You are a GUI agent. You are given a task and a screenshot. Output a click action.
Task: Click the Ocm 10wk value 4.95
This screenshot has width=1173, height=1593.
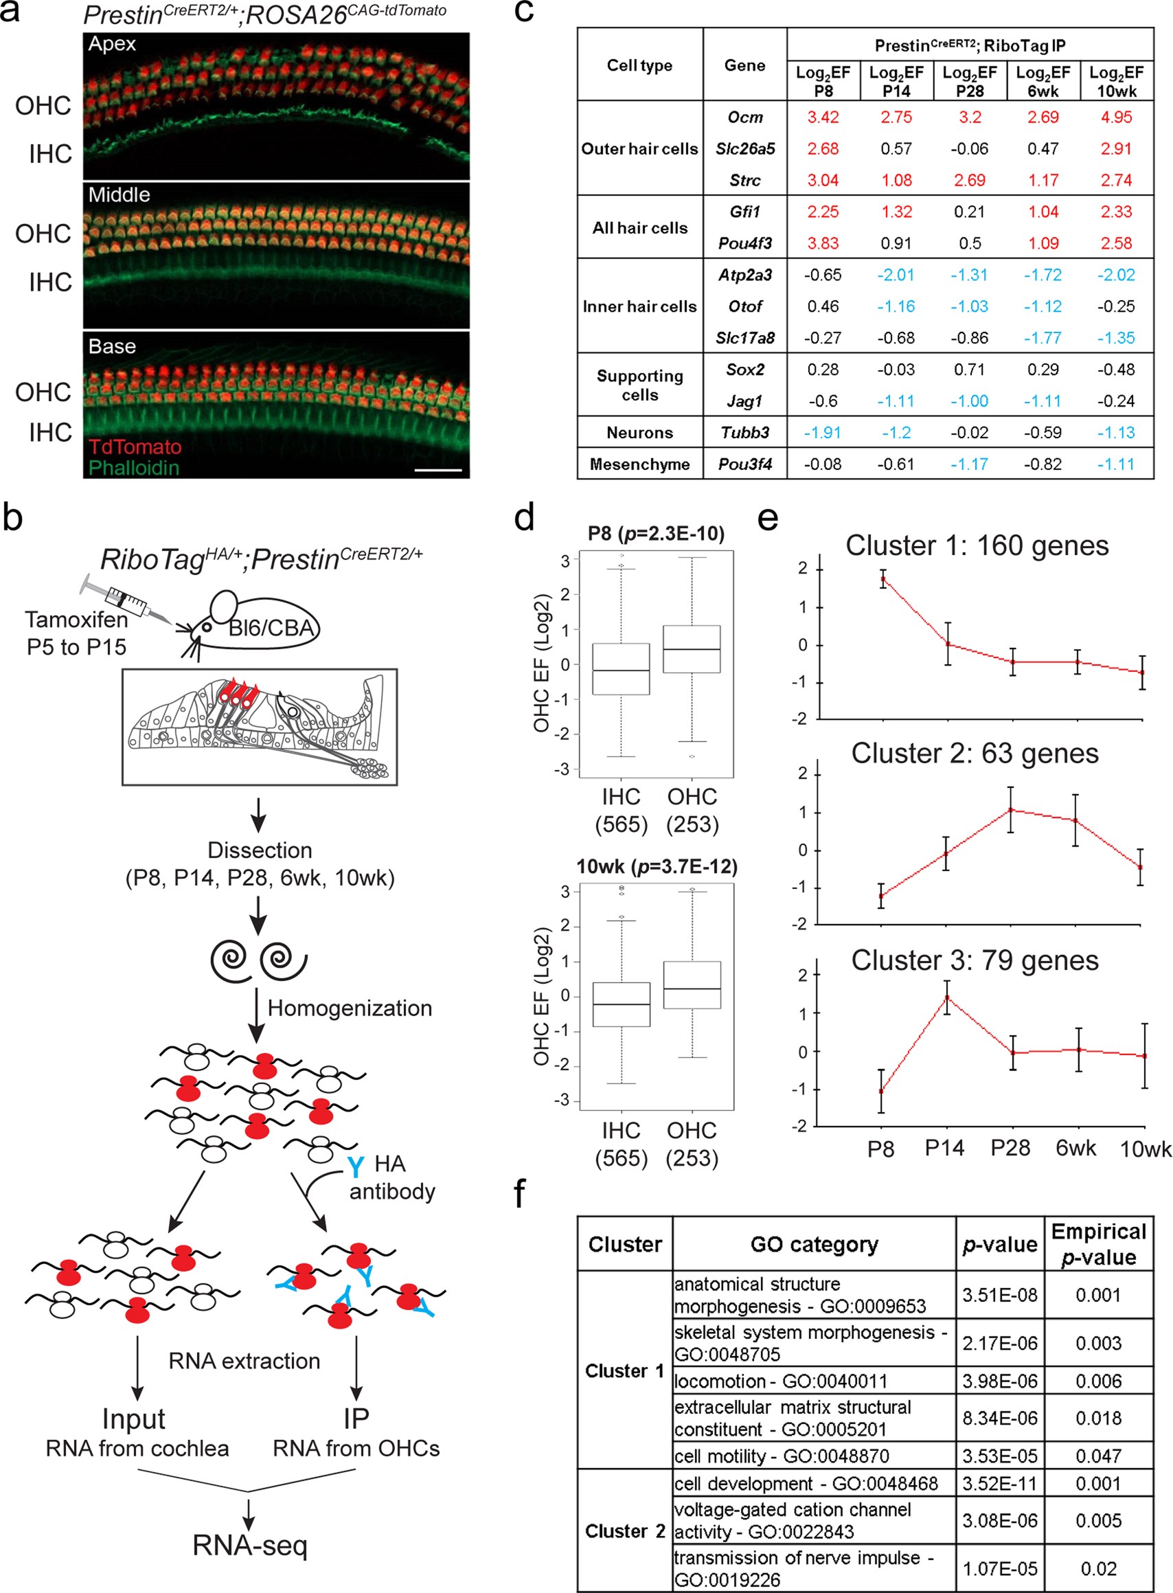(1116, 117)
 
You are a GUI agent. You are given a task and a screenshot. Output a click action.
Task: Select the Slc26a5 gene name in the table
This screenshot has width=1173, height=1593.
(745, 148)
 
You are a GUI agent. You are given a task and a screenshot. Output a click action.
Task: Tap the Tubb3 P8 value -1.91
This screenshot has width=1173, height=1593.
(823, 433)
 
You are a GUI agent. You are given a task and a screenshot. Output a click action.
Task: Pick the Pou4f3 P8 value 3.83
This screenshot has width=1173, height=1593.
(823, 243)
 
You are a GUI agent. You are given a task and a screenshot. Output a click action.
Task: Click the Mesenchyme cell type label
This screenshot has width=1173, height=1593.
(640, 464)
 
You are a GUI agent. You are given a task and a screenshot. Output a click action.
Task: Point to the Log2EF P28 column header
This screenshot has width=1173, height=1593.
(970, 82)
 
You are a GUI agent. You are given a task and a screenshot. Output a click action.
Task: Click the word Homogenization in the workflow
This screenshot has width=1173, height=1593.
(350, 1008)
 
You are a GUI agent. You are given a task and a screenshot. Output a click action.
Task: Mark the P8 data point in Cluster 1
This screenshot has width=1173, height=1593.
(882, 579)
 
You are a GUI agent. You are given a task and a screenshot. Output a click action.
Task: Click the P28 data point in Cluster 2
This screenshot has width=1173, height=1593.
(1011, 810)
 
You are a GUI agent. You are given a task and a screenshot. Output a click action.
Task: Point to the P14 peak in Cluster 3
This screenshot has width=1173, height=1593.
(946, 997)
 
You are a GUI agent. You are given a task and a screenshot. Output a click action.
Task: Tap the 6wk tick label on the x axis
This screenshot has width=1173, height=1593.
(1075, 1149)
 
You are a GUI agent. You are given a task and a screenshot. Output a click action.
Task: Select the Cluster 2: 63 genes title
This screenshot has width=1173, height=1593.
(975, 754)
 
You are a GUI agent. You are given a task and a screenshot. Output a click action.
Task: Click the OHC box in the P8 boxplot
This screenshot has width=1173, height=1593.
(692, 649)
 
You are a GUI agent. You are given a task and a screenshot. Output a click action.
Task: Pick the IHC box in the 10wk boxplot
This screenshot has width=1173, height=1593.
(622, 1004)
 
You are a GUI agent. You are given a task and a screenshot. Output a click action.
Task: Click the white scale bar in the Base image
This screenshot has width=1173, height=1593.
(437, 470)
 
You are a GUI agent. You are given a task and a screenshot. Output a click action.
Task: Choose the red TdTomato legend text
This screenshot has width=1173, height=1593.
(135, 447)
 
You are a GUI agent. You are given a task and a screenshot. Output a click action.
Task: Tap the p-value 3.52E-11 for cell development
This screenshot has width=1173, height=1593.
(1000, 1484)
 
